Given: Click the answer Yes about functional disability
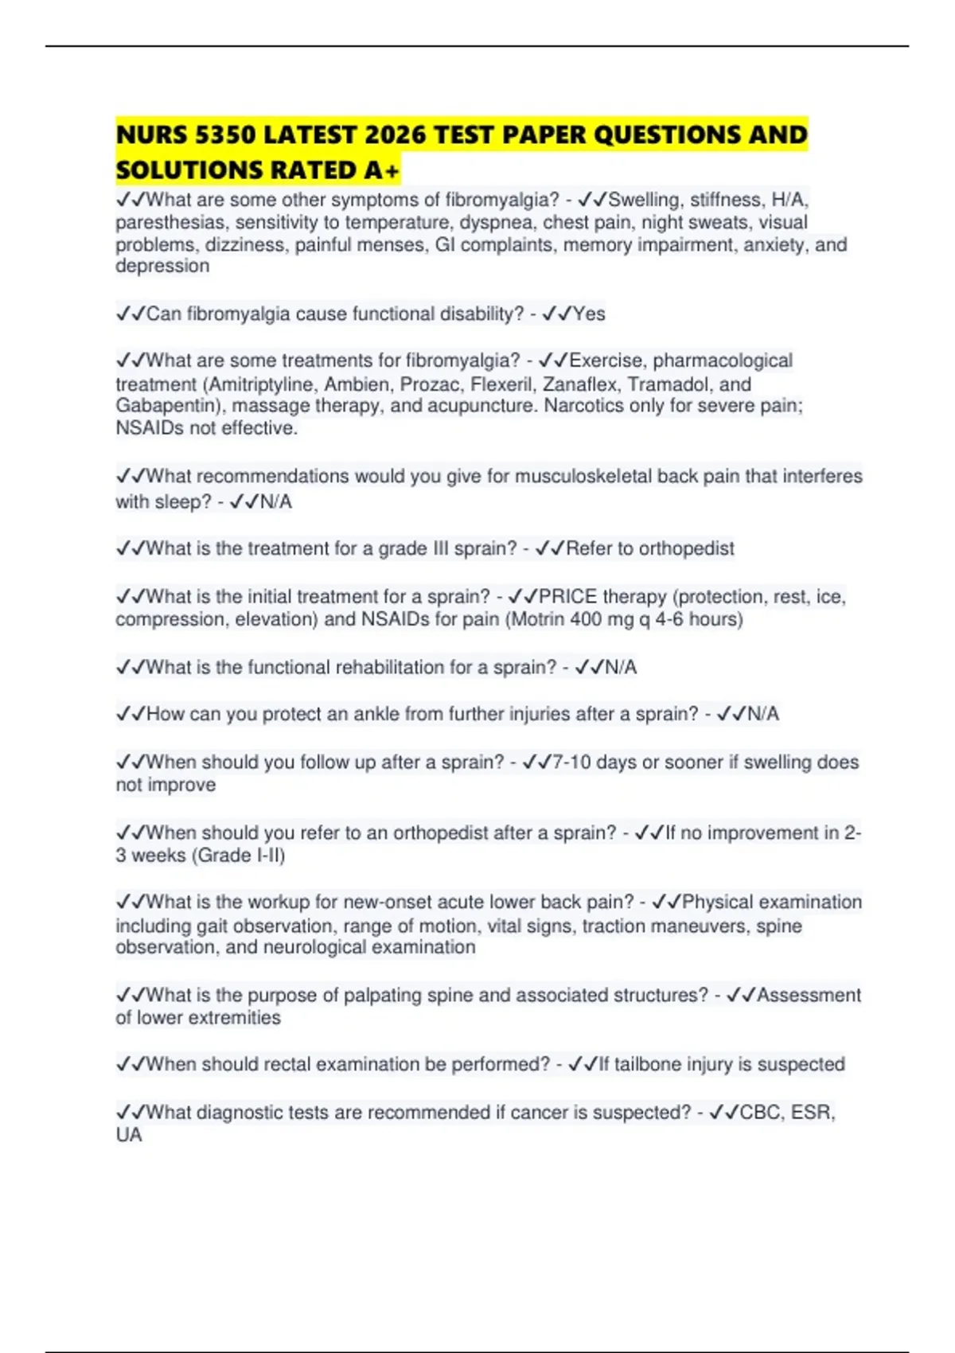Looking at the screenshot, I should pos(589,314).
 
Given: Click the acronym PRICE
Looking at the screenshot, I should pos(568,597).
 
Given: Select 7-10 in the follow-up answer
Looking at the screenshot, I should pos(571,762).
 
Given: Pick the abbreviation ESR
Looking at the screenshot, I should pos(811,1113).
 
